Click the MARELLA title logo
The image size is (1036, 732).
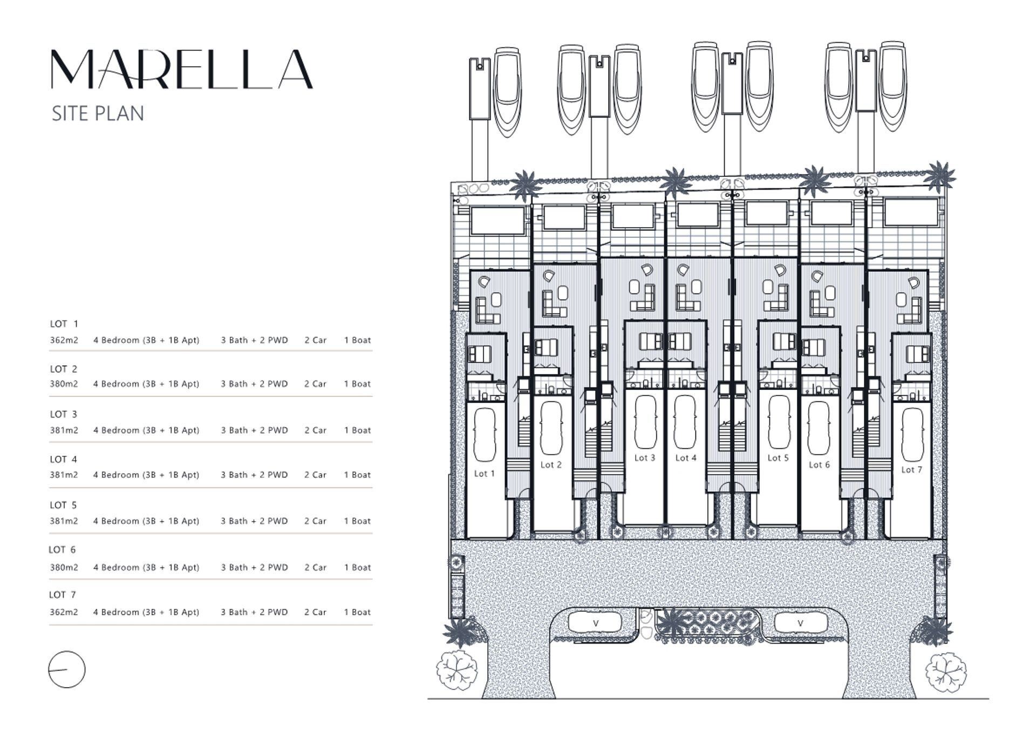point(182,70)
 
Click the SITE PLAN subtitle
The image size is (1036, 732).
point(98,114)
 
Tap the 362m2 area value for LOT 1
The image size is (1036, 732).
point(64,340)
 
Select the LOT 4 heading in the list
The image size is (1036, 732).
point(63,460)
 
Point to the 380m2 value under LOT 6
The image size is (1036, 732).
point(64,567)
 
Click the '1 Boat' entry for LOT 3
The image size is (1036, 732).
point(357,430)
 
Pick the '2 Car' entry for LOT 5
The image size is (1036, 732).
point(315,521)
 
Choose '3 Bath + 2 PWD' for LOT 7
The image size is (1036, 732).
point(254,612)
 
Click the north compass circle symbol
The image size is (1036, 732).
point(67,669)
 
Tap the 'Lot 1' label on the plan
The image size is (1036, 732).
point(484,474)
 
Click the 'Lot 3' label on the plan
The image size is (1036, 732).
point(644,458)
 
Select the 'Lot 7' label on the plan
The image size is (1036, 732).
point(911,470)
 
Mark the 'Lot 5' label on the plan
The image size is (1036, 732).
point(778,458)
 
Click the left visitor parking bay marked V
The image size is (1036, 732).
point(595,623)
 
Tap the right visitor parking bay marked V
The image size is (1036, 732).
point(800,623)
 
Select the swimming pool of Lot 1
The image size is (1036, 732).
point(497,221)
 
